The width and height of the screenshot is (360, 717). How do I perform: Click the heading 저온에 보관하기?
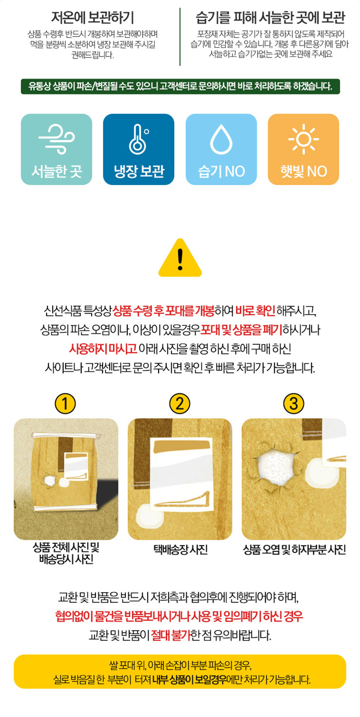93,18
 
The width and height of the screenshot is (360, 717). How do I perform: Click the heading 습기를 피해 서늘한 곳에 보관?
270,18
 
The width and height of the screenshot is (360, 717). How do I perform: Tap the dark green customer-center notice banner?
180,86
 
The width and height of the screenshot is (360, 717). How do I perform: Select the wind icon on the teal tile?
57,139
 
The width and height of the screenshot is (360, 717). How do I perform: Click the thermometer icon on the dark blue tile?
139,139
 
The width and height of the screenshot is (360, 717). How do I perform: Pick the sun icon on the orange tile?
303,139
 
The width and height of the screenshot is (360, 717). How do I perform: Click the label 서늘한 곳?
57,171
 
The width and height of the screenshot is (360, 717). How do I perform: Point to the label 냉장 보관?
139,171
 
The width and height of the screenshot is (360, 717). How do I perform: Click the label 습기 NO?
221,171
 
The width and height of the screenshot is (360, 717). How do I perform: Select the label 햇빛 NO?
303,171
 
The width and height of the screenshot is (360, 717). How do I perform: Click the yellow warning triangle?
180,258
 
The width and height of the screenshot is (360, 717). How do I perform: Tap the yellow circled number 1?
65,404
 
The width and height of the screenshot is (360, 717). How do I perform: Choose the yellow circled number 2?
180,404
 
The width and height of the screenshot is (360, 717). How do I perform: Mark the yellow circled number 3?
293,404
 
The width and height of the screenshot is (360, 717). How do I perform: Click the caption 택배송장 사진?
180,550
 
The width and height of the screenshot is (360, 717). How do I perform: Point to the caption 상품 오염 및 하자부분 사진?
294,550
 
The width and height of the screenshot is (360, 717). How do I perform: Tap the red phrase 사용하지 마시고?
103,348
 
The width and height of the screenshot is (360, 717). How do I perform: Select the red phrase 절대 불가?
170,635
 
